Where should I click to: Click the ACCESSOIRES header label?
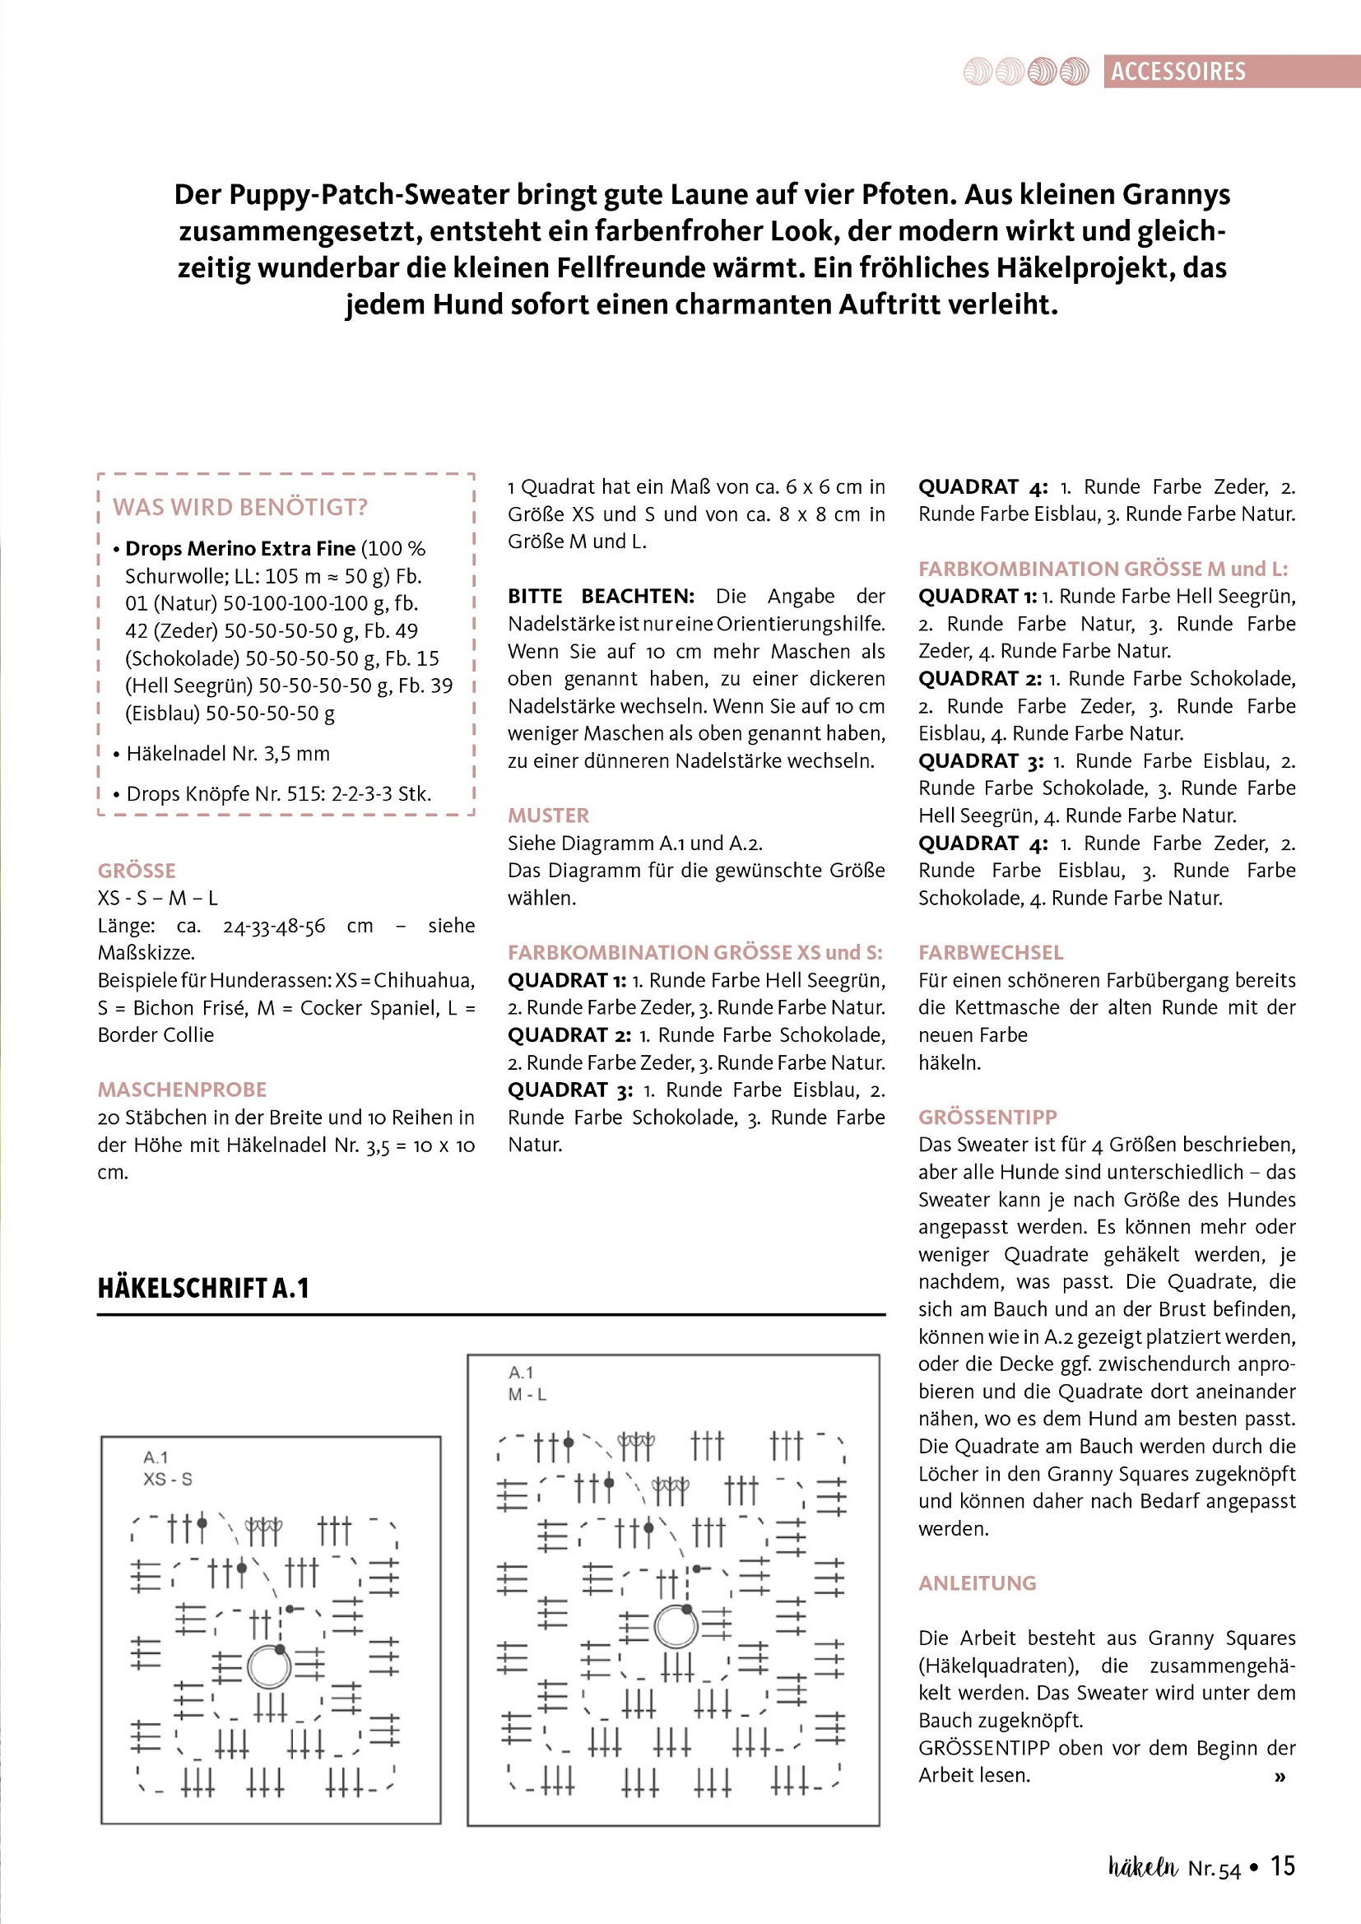pos(1178,72)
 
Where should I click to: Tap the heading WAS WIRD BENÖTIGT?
pos(240,507)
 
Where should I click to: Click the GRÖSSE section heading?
pos(137,871)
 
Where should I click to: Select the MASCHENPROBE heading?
pos(182,1090)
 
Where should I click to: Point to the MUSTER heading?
pos(548,816)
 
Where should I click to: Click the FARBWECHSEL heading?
pos(991,952)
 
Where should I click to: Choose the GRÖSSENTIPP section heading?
pos(987,1117)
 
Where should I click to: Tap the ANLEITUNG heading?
pos(978,1583)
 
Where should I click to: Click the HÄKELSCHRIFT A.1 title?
pos(203,1288)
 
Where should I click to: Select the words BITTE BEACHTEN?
pos(601,596)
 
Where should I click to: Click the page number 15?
pos(1282,1866)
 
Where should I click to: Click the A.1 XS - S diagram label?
pos(168,1468)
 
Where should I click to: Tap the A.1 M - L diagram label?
pos(527,1383)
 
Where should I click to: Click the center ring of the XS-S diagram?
pos(269,1666)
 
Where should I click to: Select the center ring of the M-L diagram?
pos(676,1627)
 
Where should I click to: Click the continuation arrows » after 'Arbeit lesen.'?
pos(1280,1778)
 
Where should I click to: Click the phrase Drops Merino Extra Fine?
pos(240,549)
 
